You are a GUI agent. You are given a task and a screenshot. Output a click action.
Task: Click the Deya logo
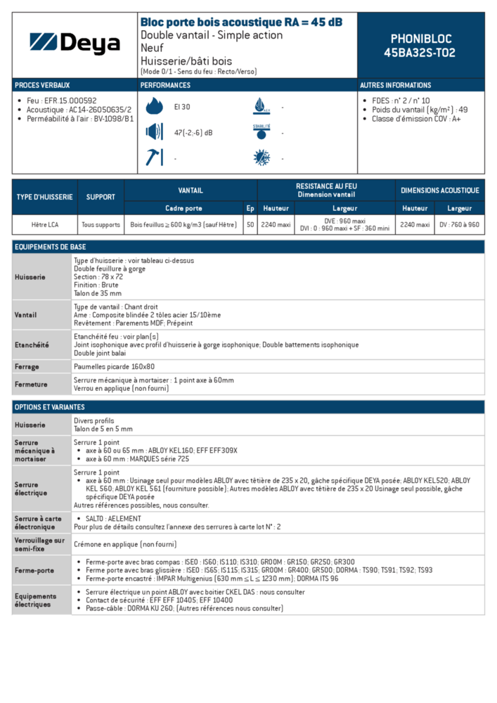pos(75,44)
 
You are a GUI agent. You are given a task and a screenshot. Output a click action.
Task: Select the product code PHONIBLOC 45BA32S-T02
pos(420,46)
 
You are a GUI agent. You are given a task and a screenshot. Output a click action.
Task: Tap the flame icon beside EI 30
pos(154,107)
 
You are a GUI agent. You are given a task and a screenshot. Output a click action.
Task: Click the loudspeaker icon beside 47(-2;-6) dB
pos(154,132)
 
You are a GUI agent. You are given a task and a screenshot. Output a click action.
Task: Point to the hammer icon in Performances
pos(153,157)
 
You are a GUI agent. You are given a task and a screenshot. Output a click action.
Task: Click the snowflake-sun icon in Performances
pos(262,157)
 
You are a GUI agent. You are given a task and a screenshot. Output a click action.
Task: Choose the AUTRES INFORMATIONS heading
pos(396,85)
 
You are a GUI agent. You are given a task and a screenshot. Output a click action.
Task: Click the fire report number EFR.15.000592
pos(70,101)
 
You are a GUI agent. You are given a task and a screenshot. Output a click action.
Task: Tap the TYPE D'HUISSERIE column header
pos(44,197)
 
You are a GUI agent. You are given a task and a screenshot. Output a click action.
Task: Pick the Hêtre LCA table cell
pos(44,225)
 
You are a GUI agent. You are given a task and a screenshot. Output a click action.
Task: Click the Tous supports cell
pos(101,225)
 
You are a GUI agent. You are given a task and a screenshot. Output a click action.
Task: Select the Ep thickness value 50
pos(250,225)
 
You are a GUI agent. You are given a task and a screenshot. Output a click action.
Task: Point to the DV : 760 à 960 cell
pos(460,225)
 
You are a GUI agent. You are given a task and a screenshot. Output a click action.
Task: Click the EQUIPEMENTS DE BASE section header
pos(51,247)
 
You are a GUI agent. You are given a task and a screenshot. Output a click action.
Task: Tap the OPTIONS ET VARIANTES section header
pos(49,407)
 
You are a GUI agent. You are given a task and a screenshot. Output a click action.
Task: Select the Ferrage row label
pos(27,367)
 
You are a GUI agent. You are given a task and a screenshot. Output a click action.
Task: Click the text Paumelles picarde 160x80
pos(114,367)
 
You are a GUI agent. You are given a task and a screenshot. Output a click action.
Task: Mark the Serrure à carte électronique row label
pos(39,522)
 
